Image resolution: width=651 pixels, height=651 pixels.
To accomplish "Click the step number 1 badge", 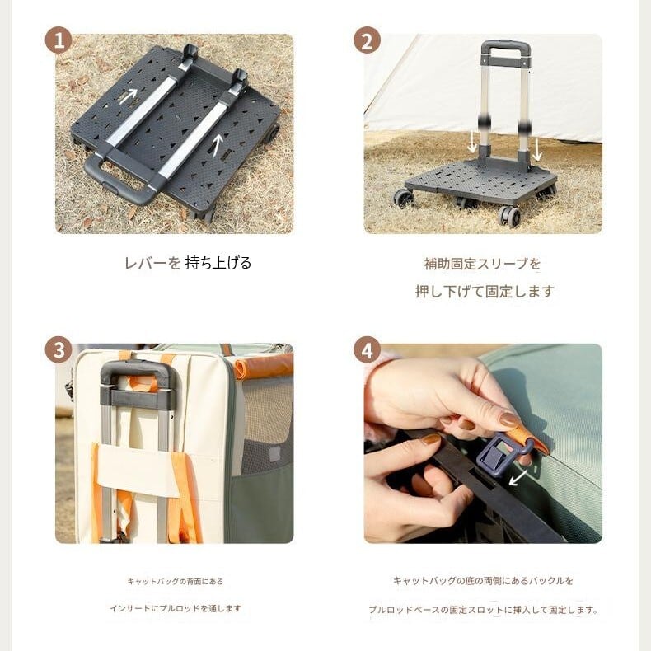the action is point(59,40).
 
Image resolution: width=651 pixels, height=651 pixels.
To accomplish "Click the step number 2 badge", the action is point(367,40).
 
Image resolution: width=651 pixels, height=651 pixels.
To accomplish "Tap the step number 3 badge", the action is point(59,349).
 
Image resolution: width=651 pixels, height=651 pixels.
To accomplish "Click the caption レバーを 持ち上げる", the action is point(188,263).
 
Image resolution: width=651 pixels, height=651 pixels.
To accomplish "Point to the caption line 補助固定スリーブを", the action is point(482,264).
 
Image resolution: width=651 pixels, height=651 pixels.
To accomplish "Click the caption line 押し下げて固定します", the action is point(485,292).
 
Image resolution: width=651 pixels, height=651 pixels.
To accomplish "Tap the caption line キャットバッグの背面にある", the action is point(176,581).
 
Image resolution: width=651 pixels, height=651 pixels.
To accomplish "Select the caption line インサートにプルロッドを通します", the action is point(176,608).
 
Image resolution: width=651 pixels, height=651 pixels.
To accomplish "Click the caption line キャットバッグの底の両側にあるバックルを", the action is point(483,580).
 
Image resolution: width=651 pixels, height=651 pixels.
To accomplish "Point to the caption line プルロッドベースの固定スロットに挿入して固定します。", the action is point(483,610).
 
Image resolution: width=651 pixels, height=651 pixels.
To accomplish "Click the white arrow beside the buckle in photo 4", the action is point(518,477).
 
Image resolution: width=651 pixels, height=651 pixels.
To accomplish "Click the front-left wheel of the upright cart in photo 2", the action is point(404,199).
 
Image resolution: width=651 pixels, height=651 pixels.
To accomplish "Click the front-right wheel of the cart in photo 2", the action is point(509,216).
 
